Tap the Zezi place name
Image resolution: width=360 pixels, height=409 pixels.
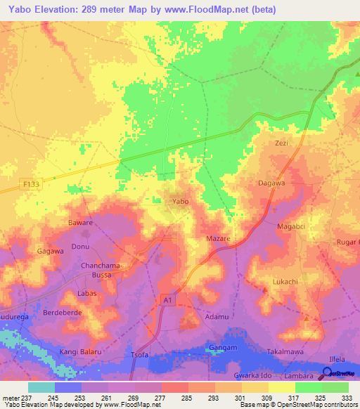pyautogui.click(x=281, y=143)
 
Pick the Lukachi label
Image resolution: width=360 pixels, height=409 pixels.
pyautogui.click(x=285, y=282)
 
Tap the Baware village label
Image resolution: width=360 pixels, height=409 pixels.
pyautogui.click(x=80, y=223)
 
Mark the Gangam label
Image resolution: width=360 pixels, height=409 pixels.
pyautogui.click(x=222, y=349)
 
